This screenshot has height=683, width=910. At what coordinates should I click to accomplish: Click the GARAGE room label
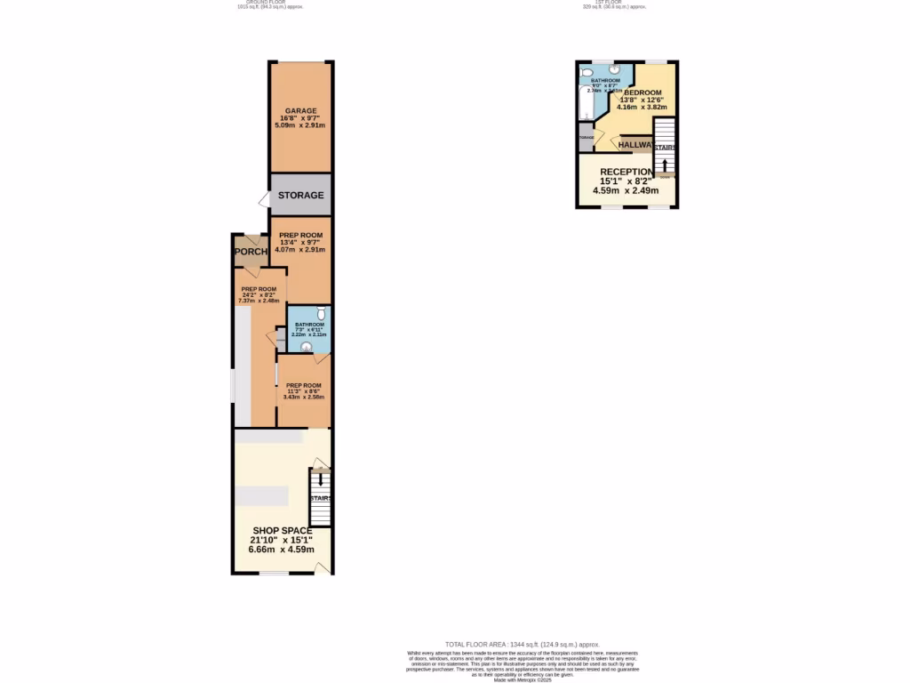(300, 111)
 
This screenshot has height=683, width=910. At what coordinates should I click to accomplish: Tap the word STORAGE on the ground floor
(300, 196)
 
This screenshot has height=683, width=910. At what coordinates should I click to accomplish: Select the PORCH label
(251, 252)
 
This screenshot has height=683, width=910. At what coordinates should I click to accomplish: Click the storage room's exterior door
(263, 199)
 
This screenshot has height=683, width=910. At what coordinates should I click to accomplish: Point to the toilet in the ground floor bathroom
(321, 314)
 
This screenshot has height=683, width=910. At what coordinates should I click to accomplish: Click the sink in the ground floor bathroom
(307, 347)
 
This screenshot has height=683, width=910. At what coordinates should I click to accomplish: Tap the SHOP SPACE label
(282, 531)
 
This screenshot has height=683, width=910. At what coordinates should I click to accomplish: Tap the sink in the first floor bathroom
(614, 69)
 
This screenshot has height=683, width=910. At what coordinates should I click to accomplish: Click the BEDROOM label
(643, 92)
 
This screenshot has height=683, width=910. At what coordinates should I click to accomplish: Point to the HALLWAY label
(636, 145)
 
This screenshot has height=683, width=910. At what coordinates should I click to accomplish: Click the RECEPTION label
(627, 172)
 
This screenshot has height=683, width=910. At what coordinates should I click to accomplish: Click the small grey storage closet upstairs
(586, 138)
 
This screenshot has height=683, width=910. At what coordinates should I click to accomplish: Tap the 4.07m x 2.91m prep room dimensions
(300, 250)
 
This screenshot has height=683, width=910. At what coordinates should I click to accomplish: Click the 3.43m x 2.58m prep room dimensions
(304, 397)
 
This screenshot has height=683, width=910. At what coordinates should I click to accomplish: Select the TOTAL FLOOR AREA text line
(523, 644)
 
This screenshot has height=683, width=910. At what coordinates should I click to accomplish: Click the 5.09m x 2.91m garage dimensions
(300, 125)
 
